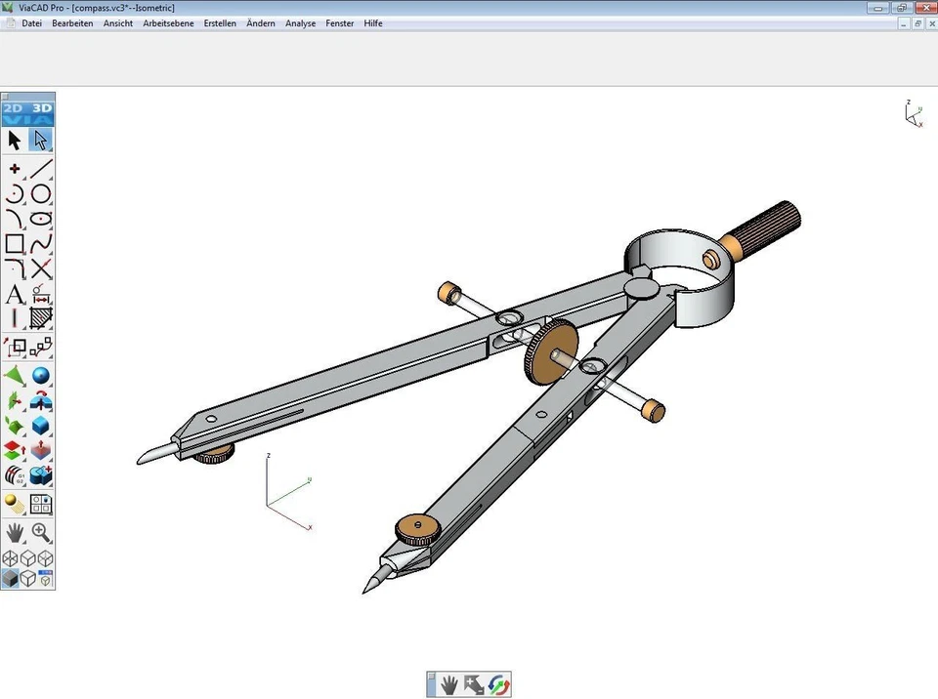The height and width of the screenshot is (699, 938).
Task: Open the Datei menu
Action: [31, 23]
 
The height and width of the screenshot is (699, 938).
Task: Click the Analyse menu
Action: [300, 23]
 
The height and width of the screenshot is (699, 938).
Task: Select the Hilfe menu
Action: [373, 23]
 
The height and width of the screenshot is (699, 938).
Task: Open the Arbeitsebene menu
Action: [168, 23]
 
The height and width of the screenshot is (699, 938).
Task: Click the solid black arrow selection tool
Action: [15, 141]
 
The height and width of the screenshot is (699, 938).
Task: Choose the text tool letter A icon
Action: [15, 294]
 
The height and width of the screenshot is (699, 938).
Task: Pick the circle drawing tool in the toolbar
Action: [41, 193]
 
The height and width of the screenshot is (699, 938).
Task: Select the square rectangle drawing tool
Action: [15, 243]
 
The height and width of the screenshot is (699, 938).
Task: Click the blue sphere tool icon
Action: [41, 376]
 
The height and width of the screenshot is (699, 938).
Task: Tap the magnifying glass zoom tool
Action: [41, 532]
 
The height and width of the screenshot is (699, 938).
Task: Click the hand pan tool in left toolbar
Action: [15, 532]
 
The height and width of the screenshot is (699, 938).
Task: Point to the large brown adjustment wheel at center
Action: [548, 351]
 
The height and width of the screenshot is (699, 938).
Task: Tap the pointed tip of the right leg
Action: [369, 587]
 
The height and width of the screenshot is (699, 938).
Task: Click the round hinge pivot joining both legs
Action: [640, 287]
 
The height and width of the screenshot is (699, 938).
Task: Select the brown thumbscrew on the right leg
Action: [418, 528]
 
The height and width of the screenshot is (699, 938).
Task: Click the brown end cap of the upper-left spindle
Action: [448, 291]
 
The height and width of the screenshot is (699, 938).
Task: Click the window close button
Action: [923, 8]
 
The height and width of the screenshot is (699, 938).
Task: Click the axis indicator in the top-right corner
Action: [913, 114]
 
